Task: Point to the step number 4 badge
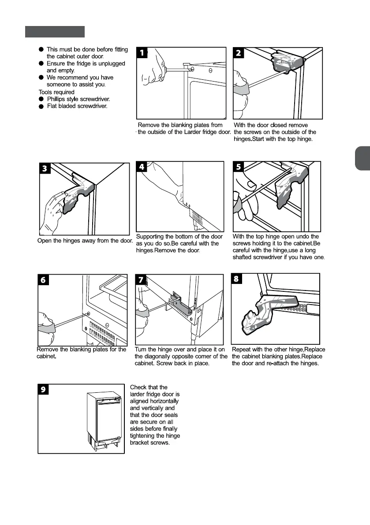[142, 167]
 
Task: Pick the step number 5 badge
[239, 167]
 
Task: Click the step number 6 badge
[44, 280]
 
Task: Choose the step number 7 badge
[141, 280]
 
